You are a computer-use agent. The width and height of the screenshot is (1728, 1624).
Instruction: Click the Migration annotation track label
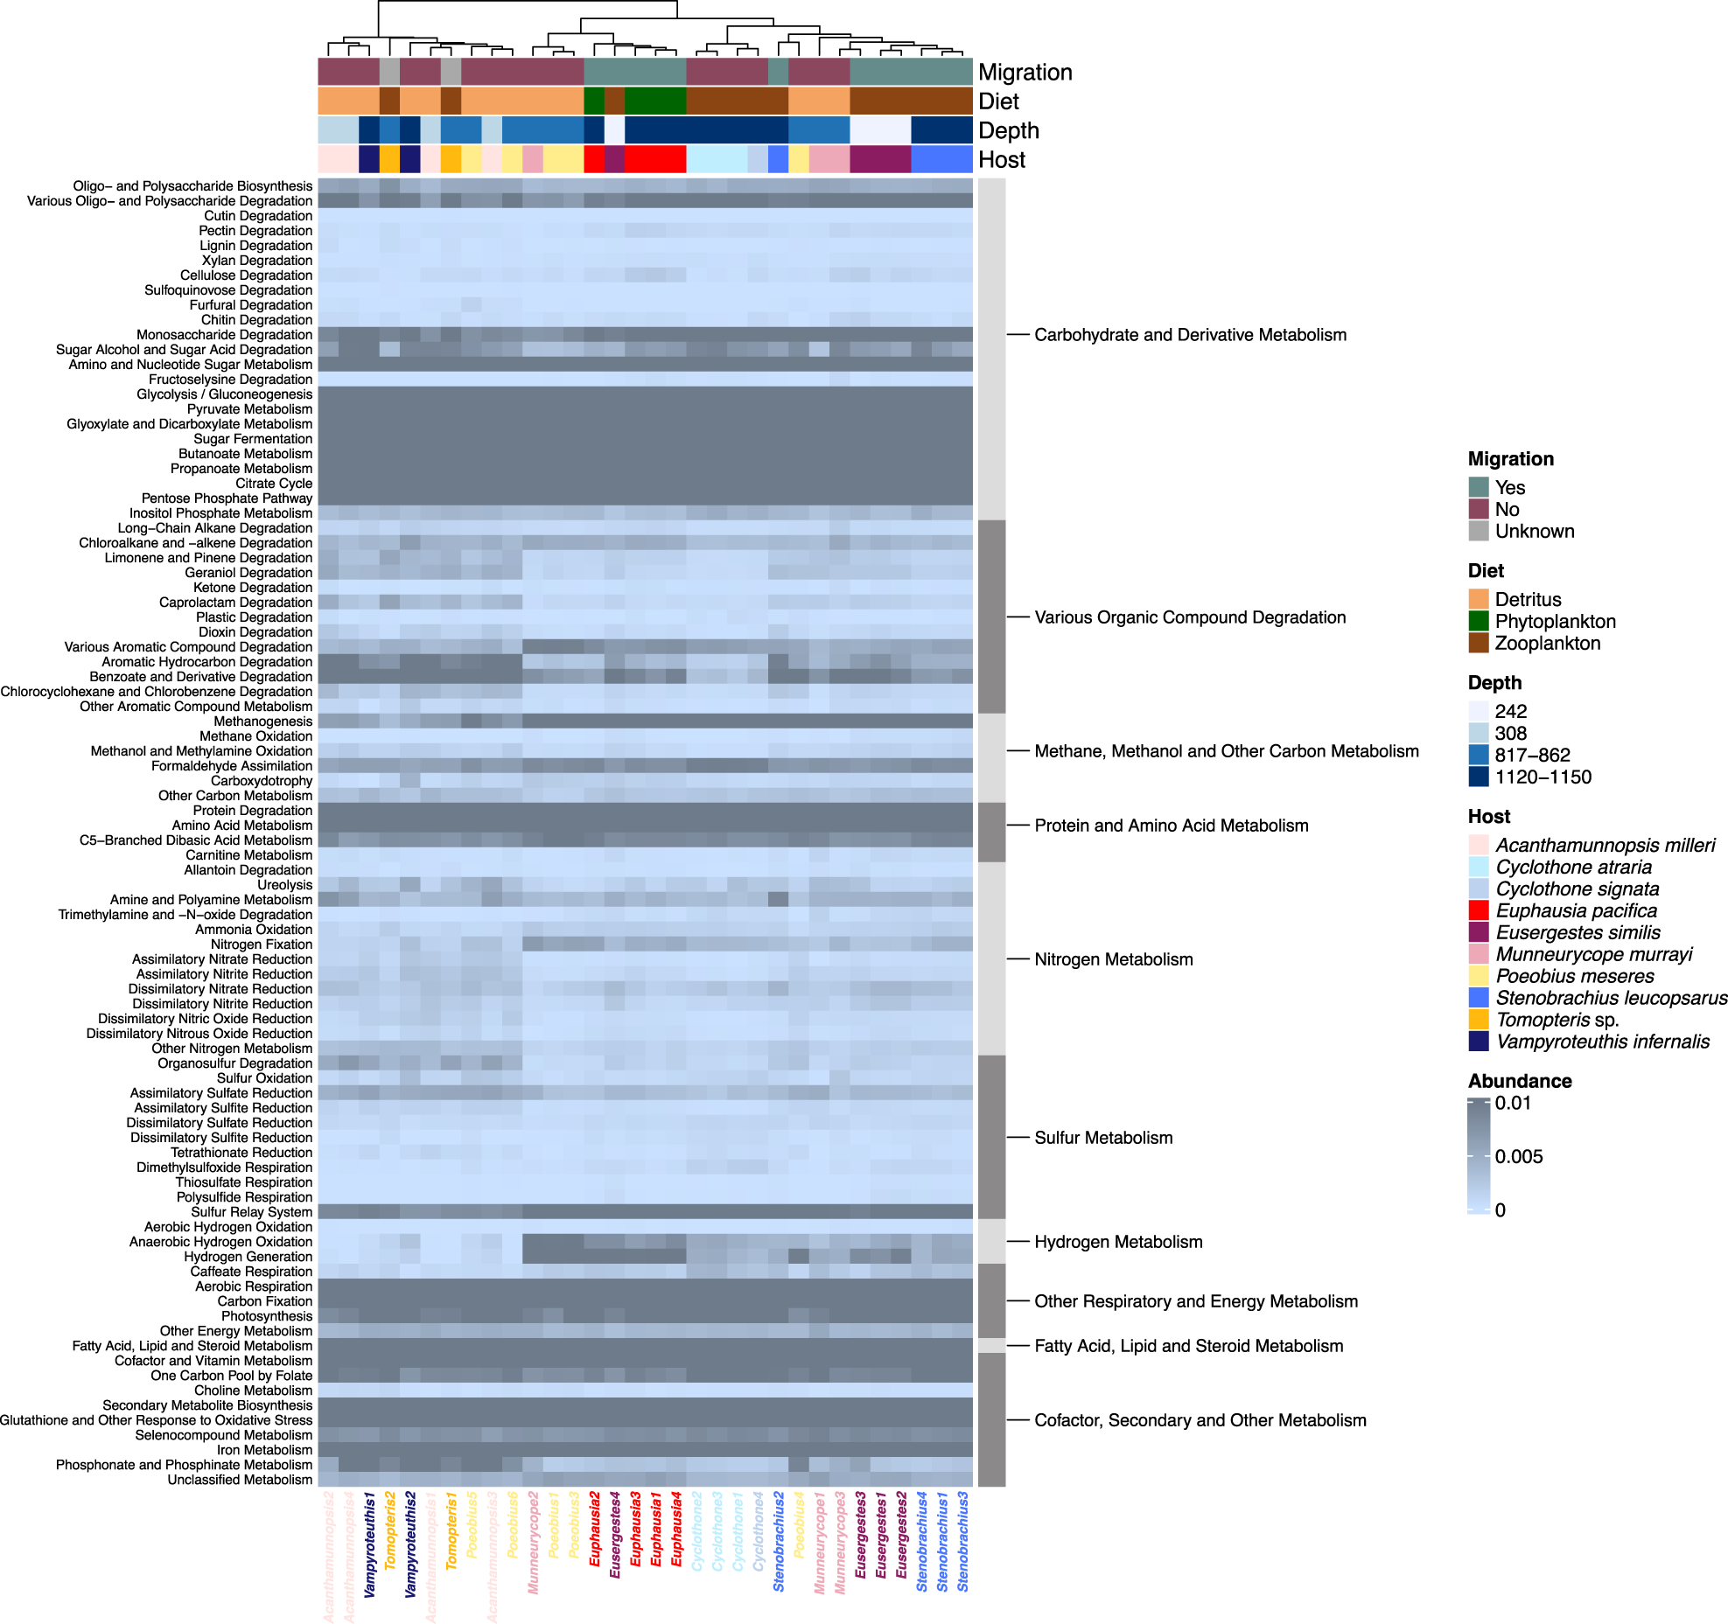pos(1025,73)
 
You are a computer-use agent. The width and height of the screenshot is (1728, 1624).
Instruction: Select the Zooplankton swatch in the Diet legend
pos(1479,644)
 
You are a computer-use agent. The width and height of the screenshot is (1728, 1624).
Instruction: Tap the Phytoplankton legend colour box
pos(1479,622)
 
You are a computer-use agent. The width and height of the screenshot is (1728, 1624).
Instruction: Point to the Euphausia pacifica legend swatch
pos(1479,911)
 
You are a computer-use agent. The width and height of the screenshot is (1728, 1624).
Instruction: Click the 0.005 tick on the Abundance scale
pos(1518,1157)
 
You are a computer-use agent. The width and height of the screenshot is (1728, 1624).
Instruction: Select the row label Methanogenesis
pos(262,721)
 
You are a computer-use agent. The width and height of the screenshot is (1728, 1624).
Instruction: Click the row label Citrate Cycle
pos(273,484)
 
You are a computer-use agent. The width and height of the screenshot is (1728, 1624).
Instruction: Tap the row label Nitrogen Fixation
pos(261,944)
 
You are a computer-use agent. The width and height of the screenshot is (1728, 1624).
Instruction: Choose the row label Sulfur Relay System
pos(251,1212)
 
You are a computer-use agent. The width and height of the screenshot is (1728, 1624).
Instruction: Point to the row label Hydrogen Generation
pos(248,1257)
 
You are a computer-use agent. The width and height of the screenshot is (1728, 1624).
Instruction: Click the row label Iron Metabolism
pos(264,1450)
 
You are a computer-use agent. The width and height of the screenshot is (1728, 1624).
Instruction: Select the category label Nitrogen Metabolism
pos(1113,959)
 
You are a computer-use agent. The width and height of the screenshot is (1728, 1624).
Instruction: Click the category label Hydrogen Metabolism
pos(1118,1242)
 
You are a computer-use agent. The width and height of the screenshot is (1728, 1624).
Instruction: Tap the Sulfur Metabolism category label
pos(1103,1138)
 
